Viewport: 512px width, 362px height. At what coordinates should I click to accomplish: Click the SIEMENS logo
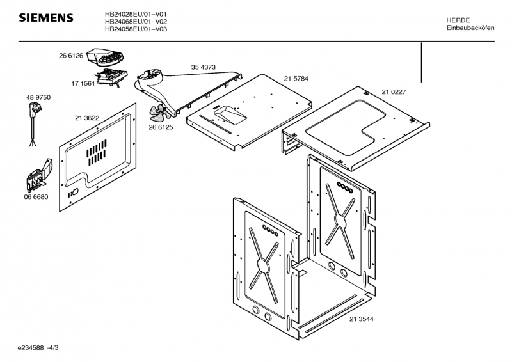pyautogui.click(x=46, y=18)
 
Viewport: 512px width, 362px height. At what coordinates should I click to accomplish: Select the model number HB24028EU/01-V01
pyautogui.click(x=136, y=14)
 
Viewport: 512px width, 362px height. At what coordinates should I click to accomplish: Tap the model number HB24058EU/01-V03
pyautogui.click(x=136, y=29)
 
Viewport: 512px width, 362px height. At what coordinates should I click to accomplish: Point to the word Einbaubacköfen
pyautogui.click(x=470, y=28)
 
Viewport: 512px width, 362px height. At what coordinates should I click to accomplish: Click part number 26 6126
pyautogui.click(x=71, y=56)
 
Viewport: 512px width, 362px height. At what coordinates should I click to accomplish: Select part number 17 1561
pyautogui.click(x=83, y=84)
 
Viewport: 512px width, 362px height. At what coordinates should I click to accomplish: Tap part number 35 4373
pyautogui.click(x=203, y=67)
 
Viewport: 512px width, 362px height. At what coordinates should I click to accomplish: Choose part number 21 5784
pyautogui.click(x=296, y=79)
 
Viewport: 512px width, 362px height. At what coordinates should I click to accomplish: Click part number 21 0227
pyautogui.click(x=394, y=92)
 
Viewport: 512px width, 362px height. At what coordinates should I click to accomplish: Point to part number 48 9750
pyautogui.click(x=38, y=98)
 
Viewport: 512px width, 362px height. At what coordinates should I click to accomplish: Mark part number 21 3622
pyautogui.click(x=87, y=118)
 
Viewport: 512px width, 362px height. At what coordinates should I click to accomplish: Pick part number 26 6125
pyautogui.click(x=161, y=127)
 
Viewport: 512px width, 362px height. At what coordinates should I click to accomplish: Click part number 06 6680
pyautogui.click(x=36, y=197)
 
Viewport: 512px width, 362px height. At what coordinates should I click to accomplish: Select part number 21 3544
pyautogui.click(x=362, y=319)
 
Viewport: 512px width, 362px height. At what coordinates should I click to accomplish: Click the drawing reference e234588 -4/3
pyautogui.click(x=38, y=348)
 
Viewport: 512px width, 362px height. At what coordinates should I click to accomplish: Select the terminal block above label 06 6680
pyautogui.click(x=39, y=176)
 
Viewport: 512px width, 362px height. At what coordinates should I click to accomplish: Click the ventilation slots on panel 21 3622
pyautogui.click(x=97, y=152)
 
